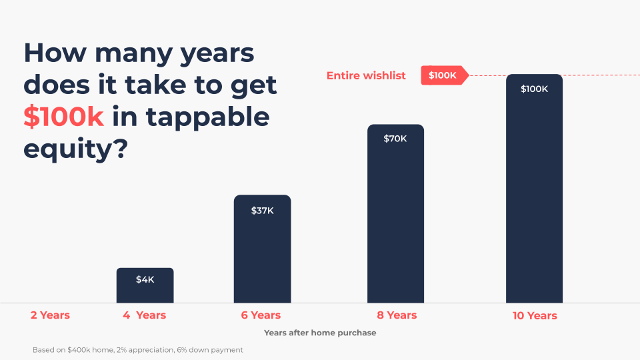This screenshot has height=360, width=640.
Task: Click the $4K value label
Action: [145, 279]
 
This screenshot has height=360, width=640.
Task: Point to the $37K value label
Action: [262, 211]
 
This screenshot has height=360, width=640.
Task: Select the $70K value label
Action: [395, 139]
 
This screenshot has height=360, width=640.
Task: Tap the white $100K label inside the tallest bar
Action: [534, 89]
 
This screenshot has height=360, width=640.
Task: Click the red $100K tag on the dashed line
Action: [443, 75]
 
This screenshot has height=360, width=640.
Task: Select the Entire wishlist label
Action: [366, 75]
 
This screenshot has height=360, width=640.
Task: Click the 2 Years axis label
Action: [50, 315]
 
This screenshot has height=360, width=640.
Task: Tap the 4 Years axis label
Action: [144, 315]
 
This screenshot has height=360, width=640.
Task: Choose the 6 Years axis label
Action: [261, 315]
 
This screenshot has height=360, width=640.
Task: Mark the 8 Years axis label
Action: [396, 315]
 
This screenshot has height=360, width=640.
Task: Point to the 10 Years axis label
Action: [535, 315]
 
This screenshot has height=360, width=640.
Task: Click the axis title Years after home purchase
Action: [320, 333]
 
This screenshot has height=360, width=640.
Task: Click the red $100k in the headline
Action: [63, 117]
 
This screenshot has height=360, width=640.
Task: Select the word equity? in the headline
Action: [75, 149]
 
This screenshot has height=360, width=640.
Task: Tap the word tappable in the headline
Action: [207, 117]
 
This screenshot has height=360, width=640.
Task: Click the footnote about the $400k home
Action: [137, 350]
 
